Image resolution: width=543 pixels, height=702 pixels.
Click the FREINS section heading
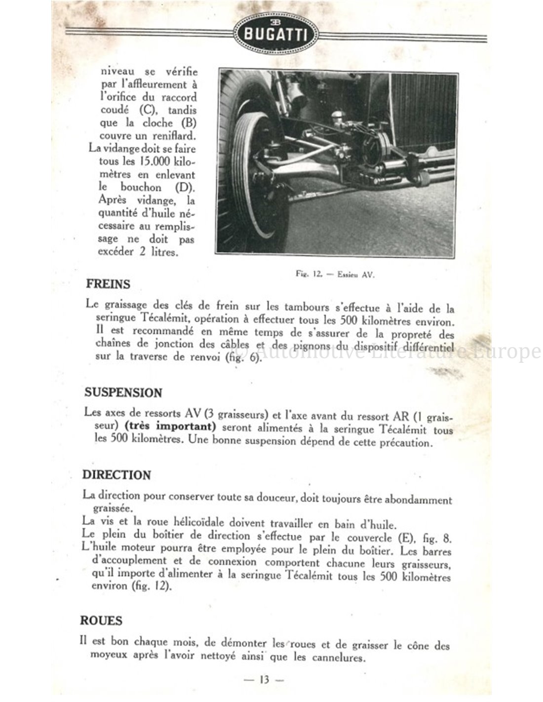108,284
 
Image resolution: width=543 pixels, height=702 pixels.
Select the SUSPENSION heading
123,393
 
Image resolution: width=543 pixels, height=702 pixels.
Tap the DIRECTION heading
116,475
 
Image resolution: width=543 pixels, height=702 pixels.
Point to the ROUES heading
102,621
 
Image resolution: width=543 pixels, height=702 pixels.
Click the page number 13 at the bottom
264,680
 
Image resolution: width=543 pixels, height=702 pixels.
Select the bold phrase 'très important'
170,427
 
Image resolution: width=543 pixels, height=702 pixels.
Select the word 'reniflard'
173,136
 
